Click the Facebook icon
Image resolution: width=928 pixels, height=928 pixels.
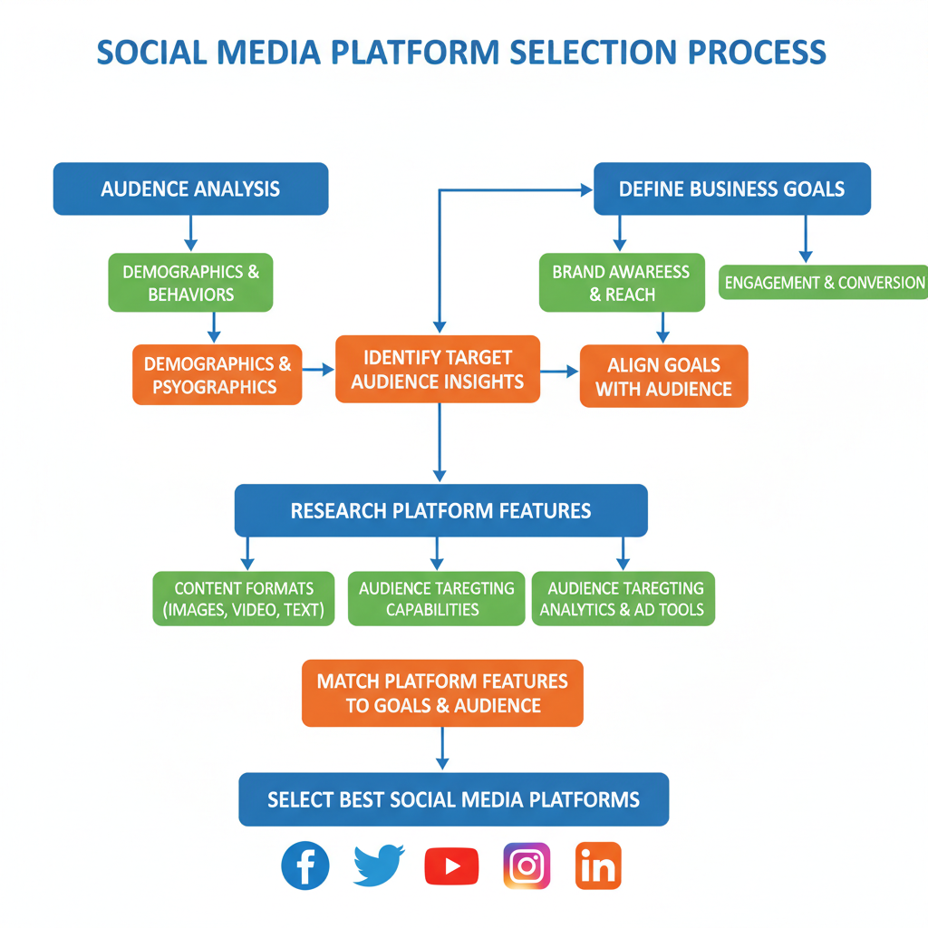[x=305, y=865]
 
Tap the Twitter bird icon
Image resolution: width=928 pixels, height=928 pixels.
[x=379, y=866]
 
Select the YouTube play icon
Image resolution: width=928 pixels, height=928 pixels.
[x=451, y=866]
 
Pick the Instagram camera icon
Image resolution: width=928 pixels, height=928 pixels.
[x=527, y=865]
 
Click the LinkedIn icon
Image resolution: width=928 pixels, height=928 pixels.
[x=598, y=865]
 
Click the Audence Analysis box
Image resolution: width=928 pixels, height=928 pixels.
[x=190, y=188]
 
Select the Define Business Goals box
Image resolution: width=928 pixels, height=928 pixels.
[x=731, y=188]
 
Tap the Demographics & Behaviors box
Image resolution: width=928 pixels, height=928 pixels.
[x=190, y=283]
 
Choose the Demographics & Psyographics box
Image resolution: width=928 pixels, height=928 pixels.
[x=217, y=374]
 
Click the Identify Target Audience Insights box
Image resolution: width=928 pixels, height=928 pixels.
[x=438, y=369]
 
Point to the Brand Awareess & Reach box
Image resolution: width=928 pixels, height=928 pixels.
[x=622, y=283]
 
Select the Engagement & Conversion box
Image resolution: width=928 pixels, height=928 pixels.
[x=824, y=282]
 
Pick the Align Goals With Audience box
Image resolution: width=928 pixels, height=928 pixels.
[x=663, y=376]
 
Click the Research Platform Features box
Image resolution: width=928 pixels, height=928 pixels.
[x=440, y=510]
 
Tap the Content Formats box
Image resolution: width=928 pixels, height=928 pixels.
[x=244, y=598]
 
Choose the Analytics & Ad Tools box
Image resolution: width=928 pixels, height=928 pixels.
[x=623, y=598]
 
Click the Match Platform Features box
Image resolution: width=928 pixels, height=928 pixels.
[x=442, y=692]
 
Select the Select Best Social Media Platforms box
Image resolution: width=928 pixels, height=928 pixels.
[x=453, y=798]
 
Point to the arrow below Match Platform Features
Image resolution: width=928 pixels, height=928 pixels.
[x=442, y=749]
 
